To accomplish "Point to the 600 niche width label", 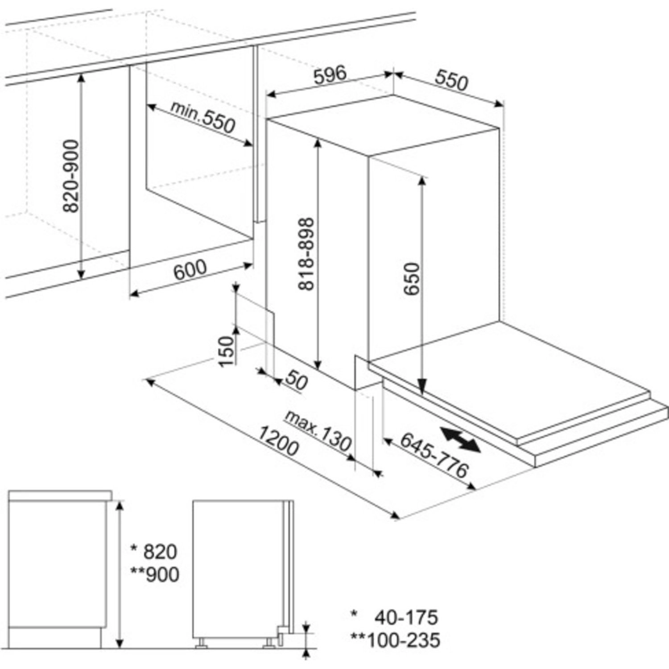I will tap(190, 269).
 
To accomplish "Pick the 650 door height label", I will tap(411, 279).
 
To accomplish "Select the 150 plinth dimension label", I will tap(227, 351).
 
